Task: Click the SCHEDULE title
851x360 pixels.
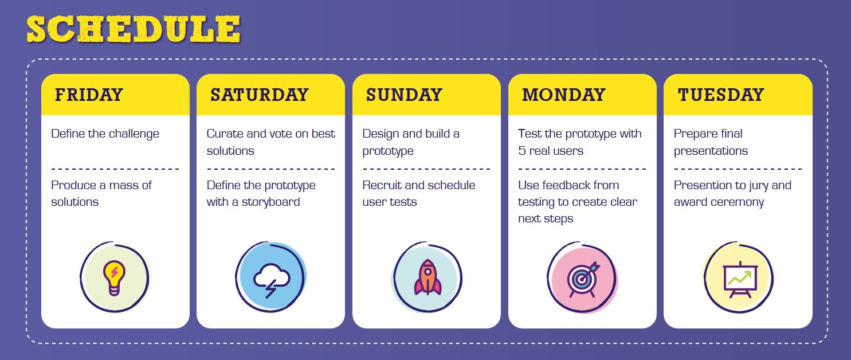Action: [x=134, y=29]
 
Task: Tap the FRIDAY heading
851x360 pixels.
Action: [x=89, y=95]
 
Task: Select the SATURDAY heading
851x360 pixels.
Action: [x=260, y=95]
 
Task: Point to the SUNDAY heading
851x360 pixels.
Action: [x=404, y=95]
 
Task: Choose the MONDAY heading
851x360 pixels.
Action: [x=564, y=95]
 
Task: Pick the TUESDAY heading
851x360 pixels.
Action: [x=721, y=95]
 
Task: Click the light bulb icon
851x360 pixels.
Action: [x=114, y=277]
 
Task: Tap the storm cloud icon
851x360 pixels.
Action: [x=271, y=280]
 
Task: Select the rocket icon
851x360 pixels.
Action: [x=428, y=277]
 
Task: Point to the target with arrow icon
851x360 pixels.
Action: [x=582, y=279]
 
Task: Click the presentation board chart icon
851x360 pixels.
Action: [x=740, y=280]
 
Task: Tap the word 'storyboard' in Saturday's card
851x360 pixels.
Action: [x=270, y=202]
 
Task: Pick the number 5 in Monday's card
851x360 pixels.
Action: [x=521, y=151]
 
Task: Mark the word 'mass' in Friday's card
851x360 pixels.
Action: [x=124, y=186]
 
